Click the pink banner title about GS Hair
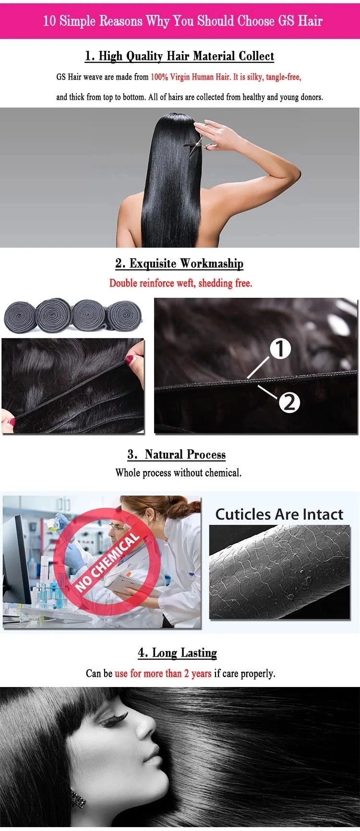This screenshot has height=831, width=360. click(182, 21)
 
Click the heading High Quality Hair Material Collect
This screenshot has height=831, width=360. click(180, 56)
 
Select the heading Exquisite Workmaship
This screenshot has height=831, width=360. click(179, 264)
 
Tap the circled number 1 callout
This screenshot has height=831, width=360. click(280, 349)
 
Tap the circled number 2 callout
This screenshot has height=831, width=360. click(289, 402)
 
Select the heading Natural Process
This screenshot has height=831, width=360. click(177, 455)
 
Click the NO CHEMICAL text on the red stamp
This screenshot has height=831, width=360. click(108, 563)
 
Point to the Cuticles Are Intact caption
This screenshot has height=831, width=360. click(279, 514)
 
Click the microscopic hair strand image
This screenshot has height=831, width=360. click(279, 572)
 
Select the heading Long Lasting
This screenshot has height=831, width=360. click(177, 653)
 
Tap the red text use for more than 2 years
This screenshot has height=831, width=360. click(163, 674)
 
